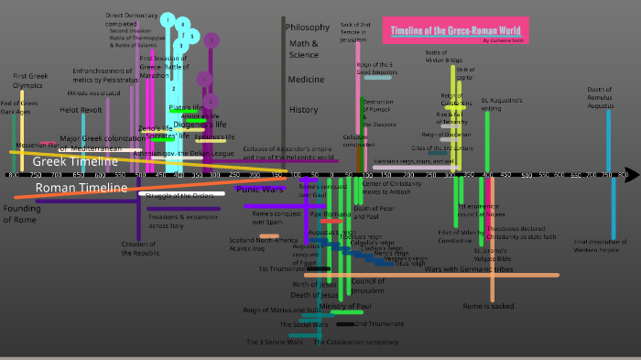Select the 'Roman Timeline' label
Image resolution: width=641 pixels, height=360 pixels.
point(81,188)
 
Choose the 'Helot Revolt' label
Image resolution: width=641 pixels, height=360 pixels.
point(81,110)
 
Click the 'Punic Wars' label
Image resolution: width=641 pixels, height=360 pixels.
point(259,189)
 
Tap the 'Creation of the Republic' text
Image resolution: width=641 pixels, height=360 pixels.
point(138,249)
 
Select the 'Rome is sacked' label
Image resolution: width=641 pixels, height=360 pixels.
point(488,306)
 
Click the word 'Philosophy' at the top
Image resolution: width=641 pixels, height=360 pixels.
point(308,27)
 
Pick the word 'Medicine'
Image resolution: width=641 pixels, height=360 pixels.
point(306,80)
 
